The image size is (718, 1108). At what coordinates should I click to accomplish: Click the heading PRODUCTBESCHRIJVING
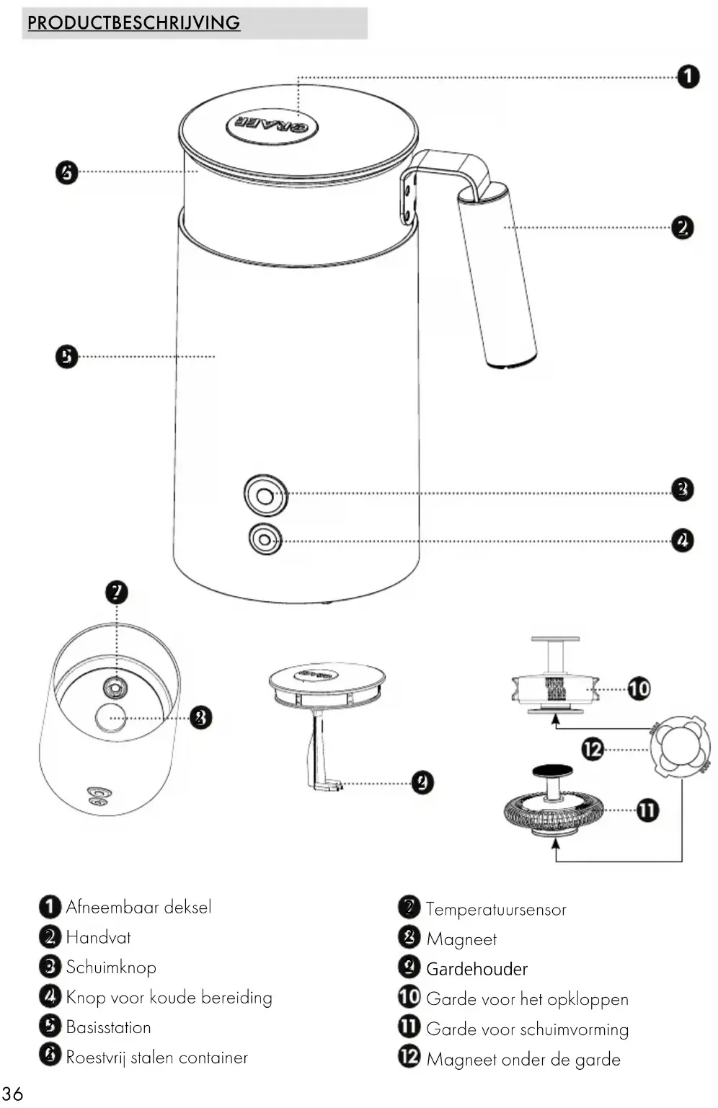(x=133, y=22)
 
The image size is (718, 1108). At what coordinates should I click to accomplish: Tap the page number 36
(x=12, y=1093)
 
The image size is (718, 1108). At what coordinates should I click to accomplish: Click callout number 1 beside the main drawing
(x=688, y=76)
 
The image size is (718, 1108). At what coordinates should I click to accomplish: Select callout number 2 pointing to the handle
(x=682, y=228)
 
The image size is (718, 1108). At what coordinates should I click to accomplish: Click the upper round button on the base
(x=265, y=495)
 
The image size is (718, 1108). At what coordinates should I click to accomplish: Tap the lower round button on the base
(x=265, y=539)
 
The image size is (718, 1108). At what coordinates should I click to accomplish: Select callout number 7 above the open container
(x=117, y=593)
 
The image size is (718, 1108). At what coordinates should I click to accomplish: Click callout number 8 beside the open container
(x=200, y=717)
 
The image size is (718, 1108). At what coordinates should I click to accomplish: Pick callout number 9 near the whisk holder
(x=422, y=782)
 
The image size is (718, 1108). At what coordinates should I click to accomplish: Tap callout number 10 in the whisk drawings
(x=639, y=688)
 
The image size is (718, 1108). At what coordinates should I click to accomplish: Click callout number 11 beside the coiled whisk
(x=647, y=810)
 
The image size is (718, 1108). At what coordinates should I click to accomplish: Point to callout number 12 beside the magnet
(x=593, y=749)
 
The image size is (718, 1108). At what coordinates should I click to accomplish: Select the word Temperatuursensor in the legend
(x=496, y=909)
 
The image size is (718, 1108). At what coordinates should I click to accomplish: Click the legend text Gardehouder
(x=477, y=969)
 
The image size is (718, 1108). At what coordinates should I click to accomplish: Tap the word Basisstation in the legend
(x=108, y=1027)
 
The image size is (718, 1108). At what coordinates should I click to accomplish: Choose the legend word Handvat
(x=98, y=937)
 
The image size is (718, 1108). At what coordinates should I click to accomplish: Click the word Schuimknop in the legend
(x=111, y=967)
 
